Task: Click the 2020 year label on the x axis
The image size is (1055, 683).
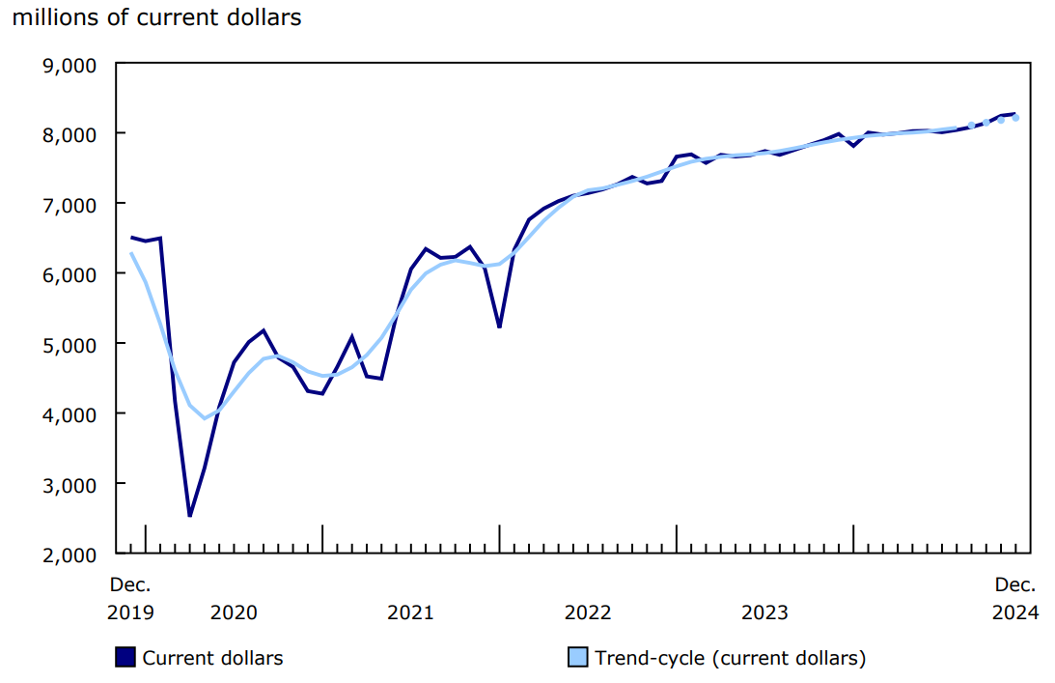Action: [234, 612]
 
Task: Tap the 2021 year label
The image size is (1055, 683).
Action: [410, 612]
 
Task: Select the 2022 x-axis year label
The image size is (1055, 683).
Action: [588, 612]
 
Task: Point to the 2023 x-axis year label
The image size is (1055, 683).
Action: [765, 612]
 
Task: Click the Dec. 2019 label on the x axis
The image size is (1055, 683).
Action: [130, 598]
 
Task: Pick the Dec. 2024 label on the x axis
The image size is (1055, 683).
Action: [1015, 598]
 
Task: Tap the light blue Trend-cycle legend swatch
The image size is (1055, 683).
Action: [577, 658]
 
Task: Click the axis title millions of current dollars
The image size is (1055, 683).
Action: [156, 18]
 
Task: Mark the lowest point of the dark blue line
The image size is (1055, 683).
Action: [190, 516]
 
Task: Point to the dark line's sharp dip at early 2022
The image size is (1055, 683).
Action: [499, 327]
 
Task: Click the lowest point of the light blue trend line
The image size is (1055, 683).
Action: [205, 418]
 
